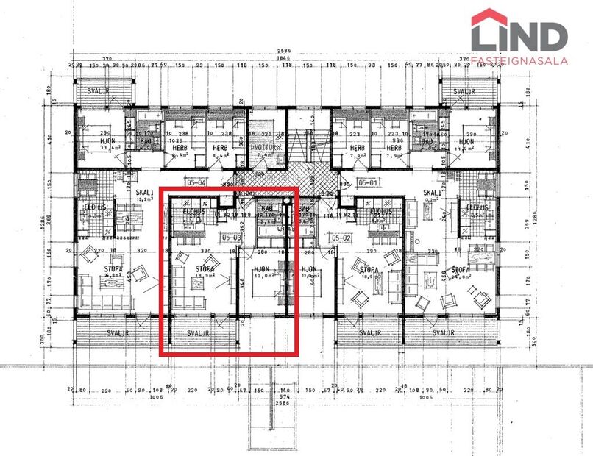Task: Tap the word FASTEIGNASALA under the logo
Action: pyautogui.click(x=519, y=61)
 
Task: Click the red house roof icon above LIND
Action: pyautogui.click(x=489, y=16)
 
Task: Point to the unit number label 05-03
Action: pyautogui.click(x=232, y=238)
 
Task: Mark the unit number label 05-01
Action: pyautogui.click(x=366, y=181)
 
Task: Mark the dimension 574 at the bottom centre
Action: pyautogui.click(x=284, y=398)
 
